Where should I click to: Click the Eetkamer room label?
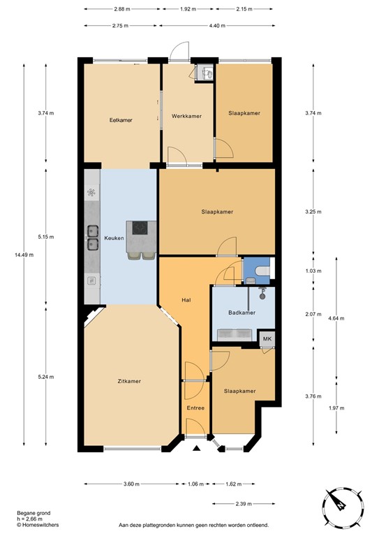point(121,120)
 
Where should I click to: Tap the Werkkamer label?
point(186,116)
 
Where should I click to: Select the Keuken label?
point(114,238)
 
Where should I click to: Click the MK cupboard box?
point(266,338)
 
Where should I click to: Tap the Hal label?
point(186,299)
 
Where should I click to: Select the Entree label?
point(195,407)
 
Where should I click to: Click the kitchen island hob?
point(136,228)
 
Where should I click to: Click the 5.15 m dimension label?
point(47,237)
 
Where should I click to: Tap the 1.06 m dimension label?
point(196,484)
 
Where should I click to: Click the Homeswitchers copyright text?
point(38,523)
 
